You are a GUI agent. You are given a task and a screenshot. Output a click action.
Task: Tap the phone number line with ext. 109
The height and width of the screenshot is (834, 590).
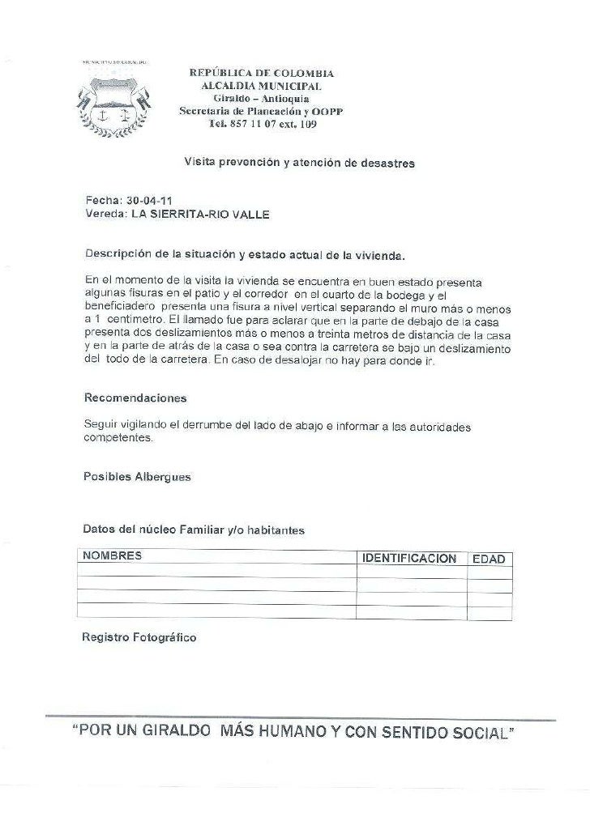(x=262, y=125)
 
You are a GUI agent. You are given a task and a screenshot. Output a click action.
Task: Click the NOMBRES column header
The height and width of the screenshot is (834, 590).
(x=111, y=555)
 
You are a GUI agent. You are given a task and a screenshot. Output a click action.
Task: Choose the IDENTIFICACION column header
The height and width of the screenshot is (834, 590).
(x=409, y=559)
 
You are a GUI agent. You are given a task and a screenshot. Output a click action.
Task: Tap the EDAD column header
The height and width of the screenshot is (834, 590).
(x=489, y=560)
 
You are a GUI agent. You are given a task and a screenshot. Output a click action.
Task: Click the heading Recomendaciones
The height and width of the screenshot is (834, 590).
(x=135, y=398)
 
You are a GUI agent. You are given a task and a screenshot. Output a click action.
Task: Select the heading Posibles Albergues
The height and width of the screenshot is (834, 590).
(x=137, y=477)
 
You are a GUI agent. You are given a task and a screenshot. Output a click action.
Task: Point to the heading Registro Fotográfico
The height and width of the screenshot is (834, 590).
(x=139, y=638)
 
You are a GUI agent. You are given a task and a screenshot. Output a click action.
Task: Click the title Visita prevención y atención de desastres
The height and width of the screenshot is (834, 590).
(x=299, y=164)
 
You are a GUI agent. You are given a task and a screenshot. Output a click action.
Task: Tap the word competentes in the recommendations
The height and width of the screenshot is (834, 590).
(x=118, y=438)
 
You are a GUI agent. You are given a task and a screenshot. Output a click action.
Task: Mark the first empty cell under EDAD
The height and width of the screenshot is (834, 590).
(x=489, y=572)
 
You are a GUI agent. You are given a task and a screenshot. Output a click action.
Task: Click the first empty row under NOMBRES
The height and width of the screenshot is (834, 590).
(x=216, y=572)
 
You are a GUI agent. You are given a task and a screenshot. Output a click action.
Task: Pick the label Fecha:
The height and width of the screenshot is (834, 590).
(x=103, y=201)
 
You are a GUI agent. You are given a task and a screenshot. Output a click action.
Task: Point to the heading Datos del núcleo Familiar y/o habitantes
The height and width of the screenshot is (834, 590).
(x=194, y=530)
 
